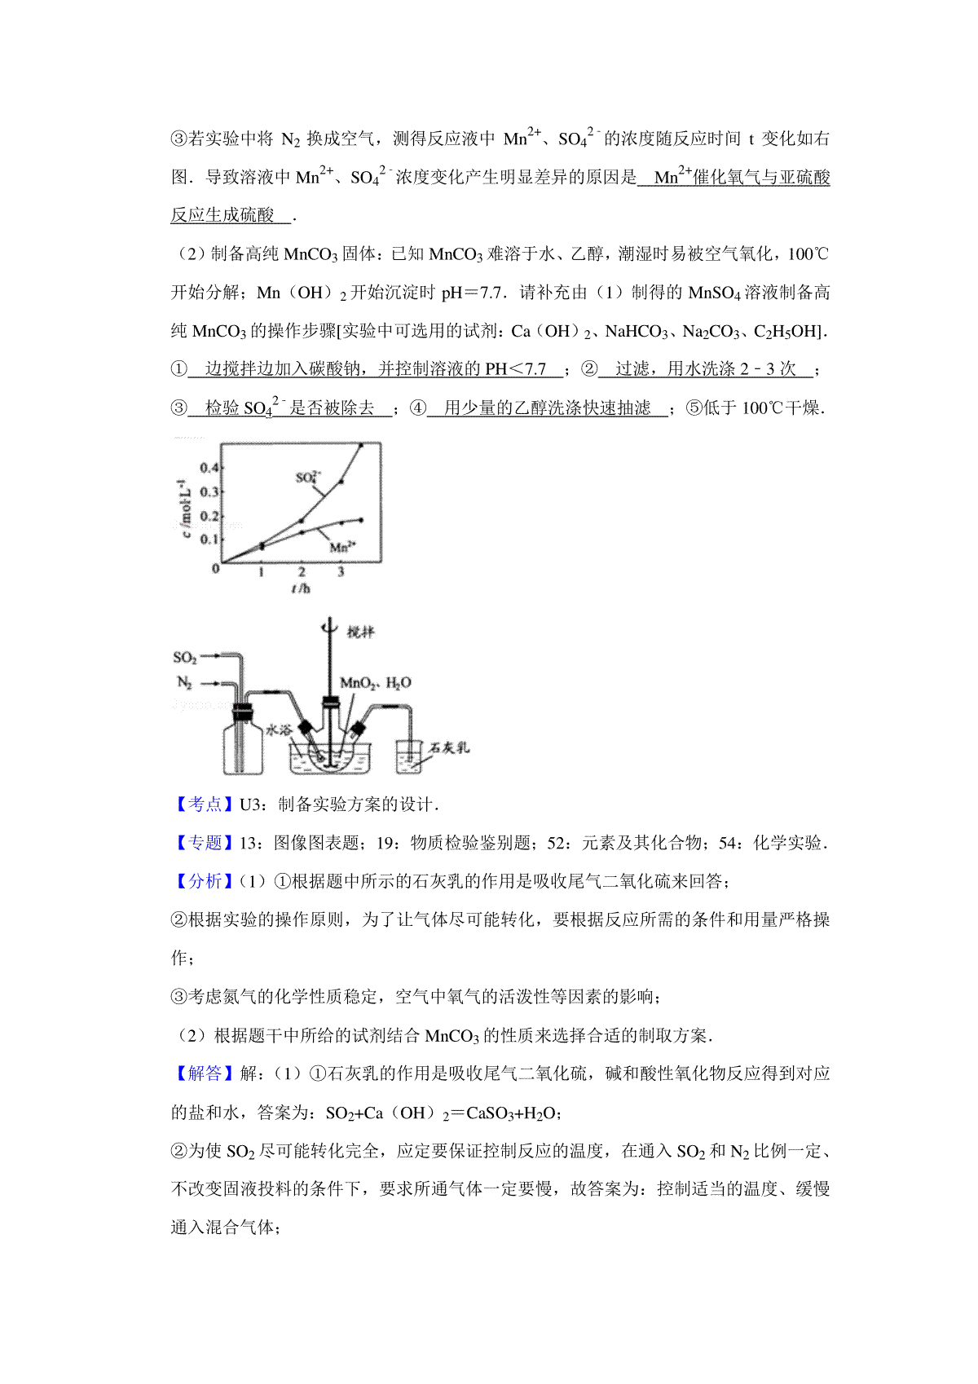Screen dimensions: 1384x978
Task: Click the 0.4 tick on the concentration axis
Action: (x=209, y=467)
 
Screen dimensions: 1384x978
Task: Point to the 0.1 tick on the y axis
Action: (x=209, y=539)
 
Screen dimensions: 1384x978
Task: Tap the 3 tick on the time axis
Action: (x=341, y=572)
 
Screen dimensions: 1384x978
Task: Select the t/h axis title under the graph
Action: (x=301, y=588)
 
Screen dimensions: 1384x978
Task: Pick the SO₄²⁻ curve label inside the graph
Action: (x=308, y=477)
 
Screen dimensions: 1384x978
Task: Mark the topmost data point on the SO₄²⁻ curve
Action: (x=361, y=445)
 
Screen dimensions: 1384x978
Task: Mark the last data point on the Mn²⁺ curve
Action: (x=360, y=520)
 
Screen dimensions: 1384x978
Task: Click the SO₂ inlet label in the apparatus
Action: (x=185, y=657)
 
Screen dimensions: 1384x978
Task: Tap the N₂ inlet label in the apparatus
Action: (x=185, y=683)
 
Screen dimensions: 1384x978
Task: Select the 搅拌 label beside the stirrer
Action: (x=359, y=632)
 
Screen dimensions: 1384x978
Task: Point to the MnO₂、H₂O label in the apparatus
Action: (x=375, y=683)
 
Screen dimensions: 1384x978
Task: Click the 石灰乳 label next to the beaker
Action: (x=449, y=747)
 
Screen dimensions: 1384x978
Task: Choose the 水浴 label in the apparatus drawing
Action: (x=279, y=729)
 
